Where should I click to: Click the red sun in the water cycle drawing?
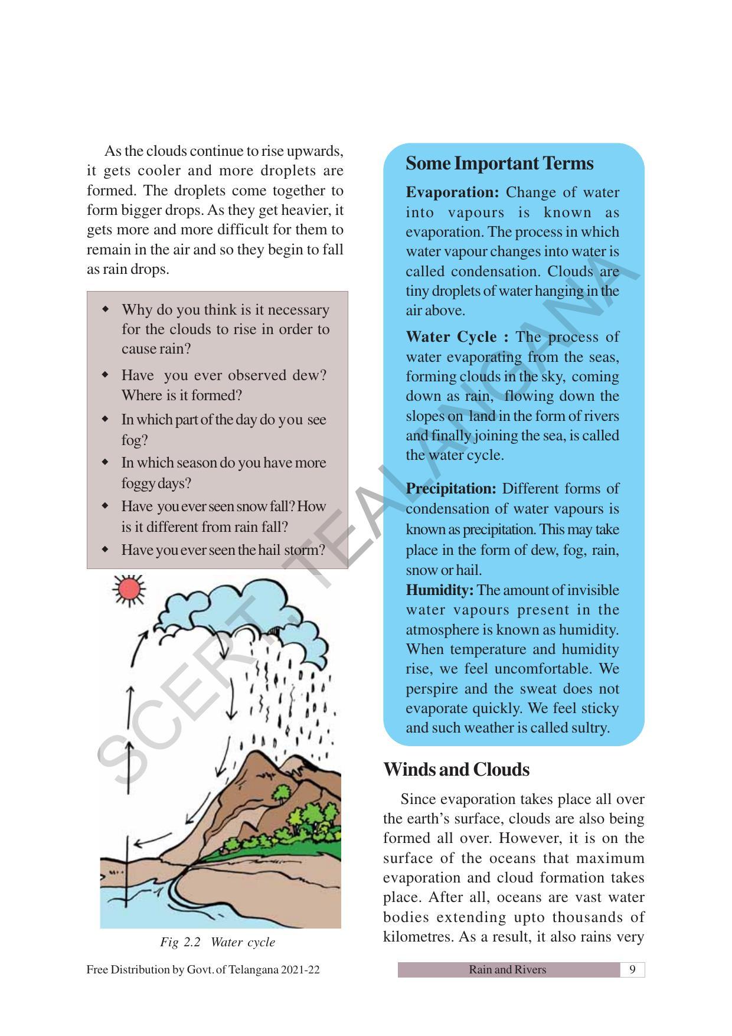129,589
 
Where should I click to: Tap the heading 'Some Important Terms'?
499,164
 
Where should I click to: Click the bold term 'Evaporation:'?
452,192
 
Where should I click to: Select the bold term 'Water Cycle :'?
456,337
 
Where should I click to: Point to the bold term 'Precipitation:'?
451,489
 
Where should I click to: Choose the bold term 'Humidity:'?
439,590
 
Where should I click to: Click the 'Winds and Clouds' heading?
456,770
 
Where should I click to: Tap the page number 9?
632,969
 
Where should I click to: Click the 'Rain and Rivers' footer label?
507,969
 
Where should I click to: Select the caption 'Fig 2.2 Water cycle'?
217,942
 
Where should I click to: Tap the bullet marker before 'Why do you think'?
106,309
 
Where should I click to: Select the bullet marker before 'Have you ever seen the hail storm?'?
106,550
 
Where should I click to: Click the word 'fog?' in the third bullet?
135,440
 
